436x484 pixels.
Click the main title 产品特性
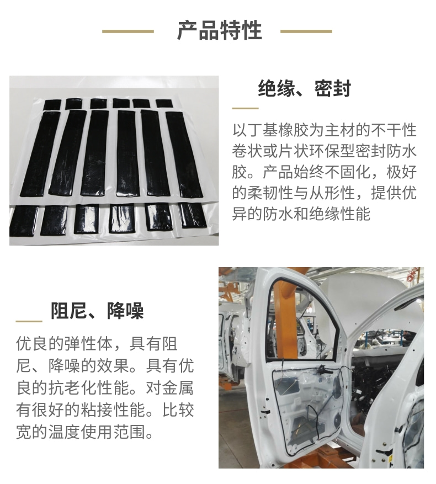tap(220, 30)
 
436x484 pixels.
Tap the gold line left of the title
tap(128, 31)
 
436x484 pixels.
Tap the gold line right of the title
tap(306, 31)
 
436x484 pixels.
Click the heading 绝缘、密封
tap(305, 88)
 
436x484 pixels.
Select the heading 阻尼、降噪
tap(97, 311)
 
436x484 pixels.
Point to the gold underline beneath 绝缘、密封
tap(245, 108)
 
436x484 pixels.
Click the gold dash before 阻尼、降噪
tap(29, 321)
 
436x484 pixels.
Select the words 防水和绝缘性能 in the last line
tap(316, 214)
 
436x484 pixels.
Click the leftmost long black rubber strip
tap(40, 154)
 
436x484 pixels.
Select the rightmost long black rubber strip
tap(184, 155)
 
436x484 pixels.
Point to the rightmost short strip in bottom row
tap(193, 215)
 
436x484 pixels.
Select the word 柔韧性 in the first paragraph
tap(270, 193)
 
